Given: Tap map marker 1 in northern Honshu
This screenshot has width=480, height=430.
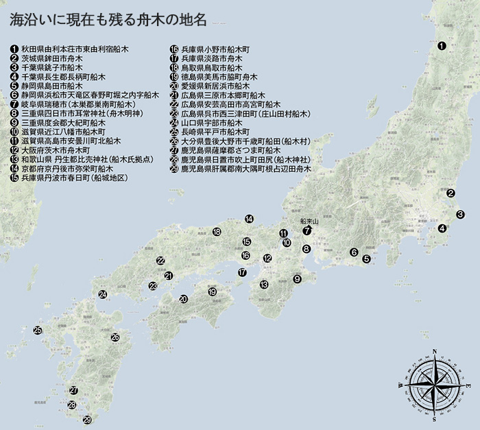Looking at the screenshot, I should (442, 47).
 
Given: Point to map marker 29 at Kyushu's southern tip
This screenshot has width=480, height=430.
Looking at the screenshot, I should (87, 420).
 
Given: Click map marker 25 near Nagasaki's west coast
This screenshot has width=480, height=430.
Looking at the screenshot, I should (38, 331).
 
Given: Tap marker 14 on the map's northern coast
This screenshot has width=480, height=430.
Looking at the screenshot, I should (249, 219).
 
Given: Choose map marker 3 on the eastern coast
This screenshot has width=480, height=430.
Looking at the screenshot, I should (461, 215).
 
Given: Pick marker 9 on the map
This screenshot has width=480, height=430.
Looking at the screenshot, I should (297, 279).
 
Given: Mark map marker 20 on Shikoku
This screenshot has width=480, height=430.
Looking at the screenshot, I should (183, 299).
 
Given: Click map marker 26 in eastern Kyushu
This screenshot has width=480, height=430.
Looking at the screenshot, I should (115, 337).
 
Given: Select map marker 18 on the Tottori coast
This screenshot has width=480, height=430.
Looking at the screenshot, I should (217, 232).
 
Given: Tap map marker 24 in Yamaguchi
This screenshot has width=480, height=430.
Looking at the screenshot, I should (102, 295).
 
